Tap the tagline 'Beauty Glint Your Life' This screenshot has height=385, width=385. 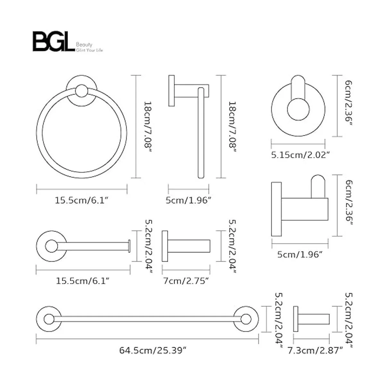tap(89, 47)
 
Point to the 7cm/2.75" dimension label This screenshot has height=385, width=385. tap(186, 281)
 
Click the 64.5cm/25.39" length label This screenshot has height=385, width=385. tap(153, 350)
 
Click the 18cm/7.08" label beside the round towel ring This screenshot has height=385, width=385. tap(147, 127)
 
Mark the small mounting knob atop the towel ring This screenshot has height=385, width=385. tap(81, 91)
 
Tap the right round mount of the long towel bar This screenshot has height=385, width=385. tap(246, 320)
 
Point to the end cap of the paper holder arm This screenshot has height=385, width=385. tap(129, 246)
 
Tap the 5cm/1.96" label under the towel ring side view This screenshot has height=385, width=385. tap(188, 201)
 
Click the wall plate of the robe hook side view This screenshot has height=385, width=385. tap(276, 209)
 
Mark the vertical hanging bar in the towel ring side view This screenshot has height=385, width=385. tap(201, 132)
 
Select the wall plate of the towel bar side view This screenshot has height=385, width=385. tap(295, 319)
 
